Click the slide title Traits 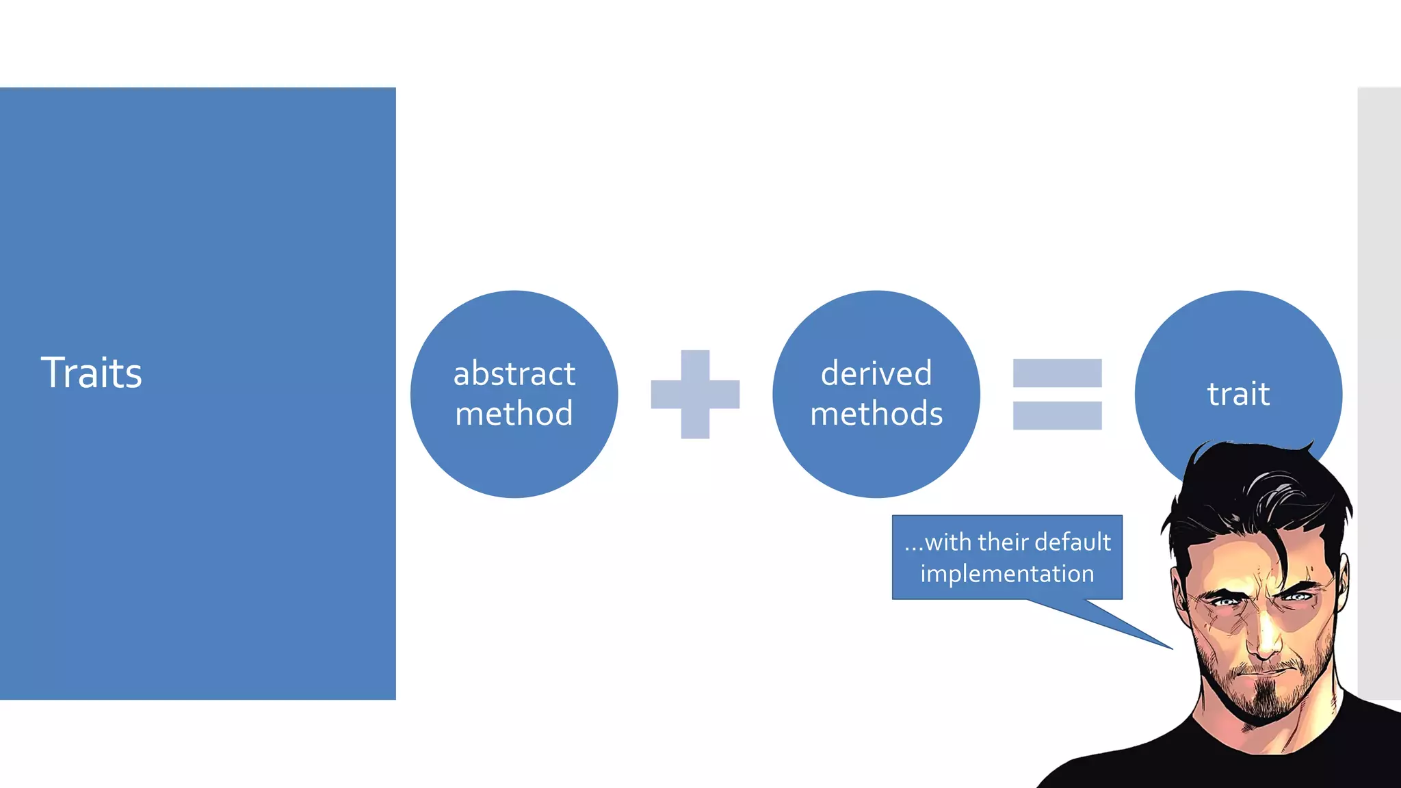click(x=92, y=373)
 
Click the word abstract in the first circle click(x=514, y=373)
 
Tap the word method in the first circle click(x=514, y=414)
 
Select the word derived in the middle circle click(x=876, y=373)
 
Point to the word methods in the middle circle click(x=876, y=414)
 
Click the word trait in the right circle click(x=1238, y=394)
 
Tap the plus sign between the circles click(x=695, y=394)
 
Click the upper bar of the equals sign click(x=1057, y=373)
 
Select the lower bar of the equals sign click(x=1057, y=415)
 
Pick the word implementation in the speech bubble click(x=1007, y=573)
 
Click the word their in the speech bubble click(x=1005, y=542)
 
